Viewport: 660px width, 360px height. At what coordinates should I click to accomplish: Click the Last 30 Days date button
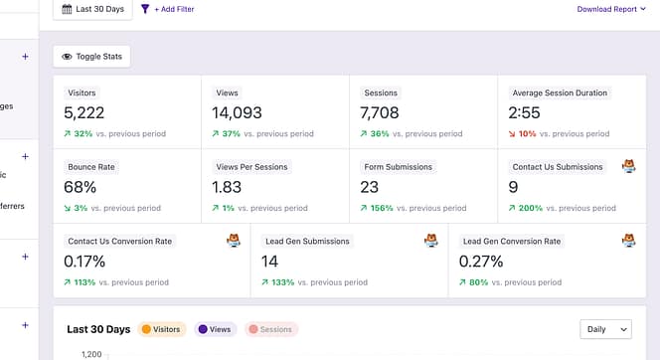(x=92, y=9)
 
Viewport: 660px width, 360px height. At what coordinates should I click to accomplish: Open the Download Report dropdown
(x=610, y=9)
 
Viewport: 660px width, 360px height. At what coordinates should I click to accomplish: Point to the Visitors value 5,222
(x=84, y=112)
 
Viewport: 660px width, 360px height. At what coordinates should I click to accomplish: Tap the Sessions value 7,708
(x=381, y=112)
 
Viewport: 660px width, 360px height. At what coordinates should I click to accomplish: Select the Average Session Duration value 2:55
(x=524, y=112)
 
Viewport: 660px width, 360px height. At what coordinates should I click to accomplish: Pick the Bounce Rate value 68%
(x=80, y=187)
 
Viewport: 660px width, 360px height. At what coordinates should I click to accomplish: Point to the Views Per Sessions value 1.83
(x=227, y=187)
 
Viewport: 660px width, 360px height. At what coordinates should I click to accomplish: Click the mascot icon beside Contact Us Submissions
(x=628, y=166)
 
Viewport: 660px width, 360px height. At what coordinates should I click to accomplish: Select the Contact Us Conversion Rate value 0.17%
(x=85, y=262)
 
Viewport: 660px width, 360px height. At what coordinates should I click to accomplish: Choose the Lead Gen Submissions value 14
(x=269, y=262)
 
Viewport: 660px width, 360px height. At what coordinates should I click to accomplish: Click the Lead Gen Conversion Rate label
(x=512, y=241)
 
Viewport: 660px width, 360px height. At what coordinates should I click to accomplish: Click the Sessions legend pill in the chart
(x=271, y=329)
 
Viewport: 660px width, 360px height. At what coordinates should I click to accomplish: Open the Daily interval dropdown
(x=605, y=328)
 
